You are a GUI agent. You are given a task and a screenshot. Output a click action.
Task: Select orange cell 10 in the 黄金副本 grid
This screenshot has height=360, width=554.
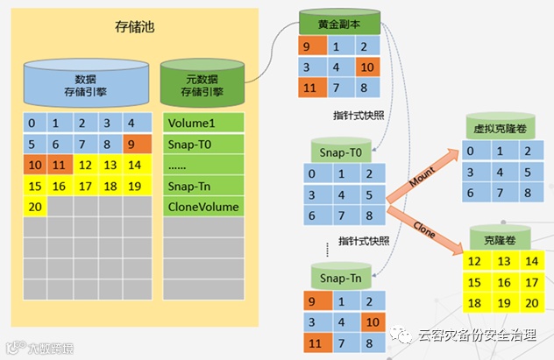[x=367, y=67]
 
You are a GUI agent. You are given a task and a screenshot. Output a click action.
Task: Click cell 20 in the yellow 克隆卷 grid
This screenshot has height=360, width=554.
[x=530, y=302]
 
